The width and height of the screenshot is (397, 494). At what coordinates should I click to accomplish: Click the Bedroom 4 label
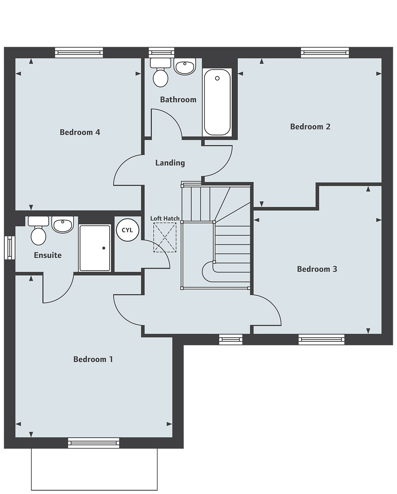point(80,132)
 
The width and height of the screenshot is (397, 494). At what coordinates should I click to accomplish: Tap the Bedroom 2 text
point(310,127)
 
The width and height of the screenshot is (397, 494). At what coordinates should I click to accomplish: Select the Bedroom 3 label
point(317,269)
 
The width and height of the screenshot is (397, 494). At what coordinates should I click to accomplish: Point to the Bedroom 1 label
point(93,359)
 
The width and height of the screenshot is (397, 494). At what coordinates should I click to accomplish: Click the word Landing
point(170,163)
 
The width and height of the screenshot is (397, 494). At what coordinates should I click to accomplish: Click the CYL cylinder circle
point(127,230)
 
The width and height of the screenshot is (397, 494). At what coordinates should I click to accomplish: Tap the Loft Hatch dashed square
point(165,237)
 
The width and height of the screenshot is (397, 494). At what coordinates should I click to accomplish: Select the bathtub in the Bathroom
point(217,102)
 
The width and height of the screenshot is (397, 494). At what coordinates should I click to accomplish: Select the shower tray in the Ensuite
point(94,248)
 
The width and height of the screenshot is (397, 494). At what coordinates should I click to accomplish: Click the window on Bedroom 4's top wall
point(79,53)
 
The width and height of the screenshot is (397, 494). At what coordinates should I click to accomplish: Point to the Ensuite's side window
point(10,247)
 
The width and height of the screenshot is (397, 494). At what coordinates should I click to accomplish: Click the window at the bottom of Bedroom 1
point(94,443)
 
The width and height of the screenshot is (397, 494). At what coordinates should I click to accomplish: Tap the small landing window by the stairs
point(231,339)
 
